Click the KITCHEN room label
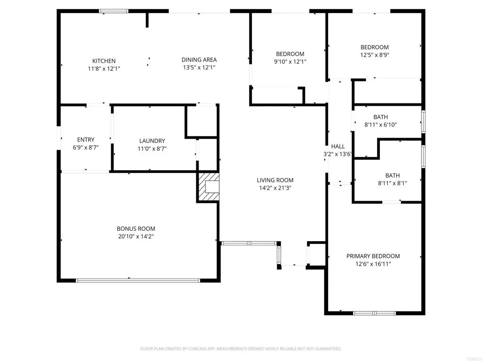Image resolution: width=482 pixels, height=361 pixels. [x=104, y=61]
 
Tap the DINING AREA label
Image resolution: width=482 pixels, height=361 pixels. [x=199, y=60]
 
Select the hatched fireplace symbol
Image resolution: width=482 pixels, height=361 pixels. [x=208, y=187]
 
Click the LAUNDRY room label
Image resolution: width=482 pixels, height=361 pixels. [x=152, y=141]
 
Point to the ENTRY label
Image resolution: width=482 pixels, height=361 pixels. [x=86, y=140]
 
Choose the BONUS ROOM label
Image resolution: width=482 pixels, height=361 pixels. [x=136, y=229]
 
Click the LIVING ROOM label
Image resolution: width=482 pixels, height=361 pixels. [x=275, y=180]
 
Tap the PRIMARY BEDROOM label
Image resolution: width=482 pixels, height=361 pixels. [x=373, y=256]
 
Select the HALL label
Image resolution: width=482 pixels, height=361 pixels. [x=338, y=147]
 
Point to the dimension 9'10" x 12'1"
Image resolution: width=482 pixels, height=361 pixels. [x=290, y=62]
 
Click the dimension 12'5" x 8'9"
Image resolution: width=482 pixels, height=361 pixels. [x=374, y=55]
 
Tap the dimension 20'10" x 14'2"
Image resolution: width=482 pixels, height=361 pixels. [x=136, y=236]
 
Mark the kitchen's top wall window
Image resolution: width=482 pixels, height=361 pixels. [x=113, y=11]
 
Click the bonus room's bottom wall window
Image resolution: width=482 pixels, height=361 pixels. [x=137, y=281]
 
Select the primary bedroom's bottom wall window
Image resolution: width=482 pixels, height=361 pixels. [x=374, y=313]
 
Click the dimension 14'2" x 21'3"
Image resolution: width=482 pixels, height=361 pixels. [x=275, y=188]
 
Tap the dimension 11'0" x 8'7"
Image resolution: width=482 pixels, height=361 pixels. [x=152, y=149]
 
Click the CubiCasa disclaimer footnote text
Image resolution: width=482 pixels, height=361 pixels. [x=241, y=349]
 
